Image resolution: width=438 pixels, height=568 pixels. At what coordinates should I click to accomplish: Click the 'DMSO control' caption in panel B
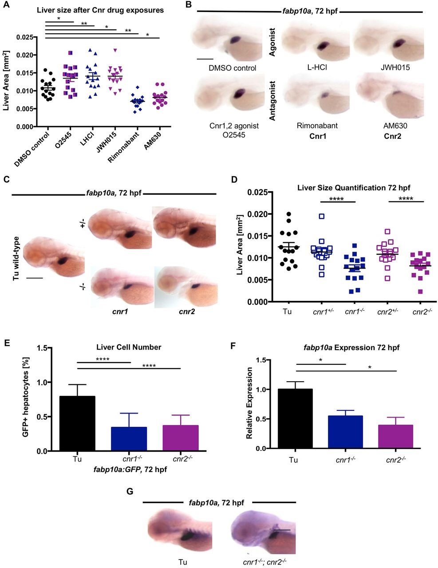[x=233, y=68]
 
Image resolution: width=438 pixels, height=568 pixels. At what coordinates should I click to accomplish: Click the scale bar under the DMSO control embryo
[x=205, y=59]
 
